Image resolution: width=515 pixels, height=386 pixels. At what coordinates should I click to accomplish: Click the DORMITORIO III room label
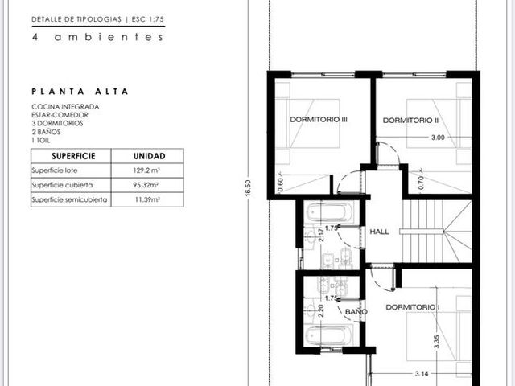(x=319, y=120)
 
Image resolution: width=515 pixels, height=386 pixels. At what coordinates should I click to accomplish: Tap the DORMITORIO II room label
(x=410, y=121)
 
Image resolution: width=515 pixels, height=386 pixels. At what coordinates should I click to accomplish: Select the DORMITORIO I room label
(x=413, y=307)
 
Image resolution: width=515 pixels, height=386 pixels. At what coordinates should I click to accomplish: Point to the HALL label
(x=379, y=232)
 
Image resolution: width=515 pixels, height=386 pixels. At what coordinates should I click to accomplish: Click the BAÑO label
(x=356, y=311)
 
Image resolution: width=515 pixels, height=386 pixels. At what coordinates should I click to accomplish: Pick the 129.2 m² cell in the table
(x=146, y=170)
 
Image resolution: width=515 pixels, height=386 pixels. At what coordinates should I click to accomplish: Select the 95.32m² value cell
(x=146, y=185)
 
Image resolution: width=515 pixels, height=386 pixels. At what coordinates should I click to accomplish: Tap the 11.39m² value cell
(x=147, y=199)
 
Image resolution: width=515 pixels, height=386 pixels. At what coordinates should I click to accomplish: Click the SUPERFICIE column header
(x=73, y=156)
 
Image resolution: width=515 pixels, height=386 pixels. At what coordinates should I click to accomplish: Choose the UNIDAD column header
(x=149, y=156)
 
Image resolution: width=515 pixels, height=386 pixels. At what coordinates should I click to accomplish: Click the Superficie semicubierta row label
(x=69, y=199)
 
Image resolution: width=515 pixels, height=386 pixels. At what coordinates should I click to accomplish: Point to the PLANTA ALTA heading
(x=80, y=91)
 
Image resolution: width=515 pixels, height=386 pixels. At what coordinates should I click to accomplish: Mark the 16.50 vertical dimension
(x=248, y=188)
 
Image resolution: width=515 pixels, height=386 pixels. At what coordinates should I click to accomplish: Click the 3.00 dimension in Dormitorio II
(x=438, y=138)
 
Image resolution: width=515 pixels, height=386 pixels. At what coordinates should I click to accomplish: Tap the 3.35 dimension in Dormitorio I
(x=436, y=341)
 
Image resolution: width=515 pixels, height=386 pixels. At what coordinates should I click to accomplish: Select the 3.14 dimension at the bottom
(x=422, y=373)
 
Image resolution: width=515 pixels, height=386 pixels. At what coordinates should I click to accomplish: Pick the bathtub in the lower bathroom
(x=329, y=335)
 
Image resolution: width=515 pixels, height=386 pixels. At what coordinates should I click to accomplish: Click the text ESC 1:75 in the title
(x=148, y=19)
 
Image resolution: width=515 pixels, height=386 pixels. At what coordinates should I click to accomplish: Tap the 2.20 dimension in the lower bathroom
(x=321, y=310)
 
